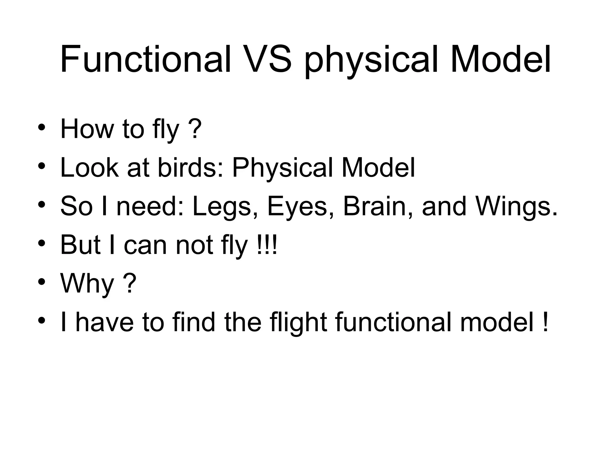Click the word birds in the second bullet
191,168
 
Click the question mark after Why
130,283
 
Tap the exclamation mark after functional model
545,322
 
